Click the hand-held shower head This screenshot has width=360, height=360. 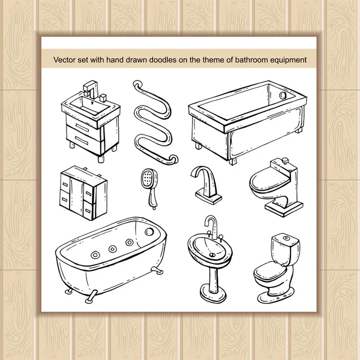(149, 189)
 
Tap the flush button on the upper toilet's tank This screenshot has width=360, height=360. (285, 160)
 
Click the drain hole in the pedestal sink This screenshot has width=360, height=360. (212, 254)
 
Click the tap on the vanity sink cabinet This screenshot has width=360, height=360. (91, 89)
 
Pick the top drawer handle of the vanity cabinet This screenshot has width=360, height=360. (82, 128)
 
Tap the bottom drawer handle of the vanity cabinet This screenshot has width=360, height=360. (81, 140)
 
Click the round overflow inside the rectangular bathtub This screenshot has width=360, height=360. (282, 95)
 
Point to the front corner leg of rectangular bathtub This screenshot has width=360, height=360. (232, 161)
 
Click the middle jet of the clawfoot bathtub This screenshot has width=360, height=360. (113, 249)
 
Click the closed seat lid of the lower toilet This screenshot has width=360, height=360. (270, 271)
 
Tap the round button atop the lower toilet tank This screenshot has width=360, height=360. (286, 238)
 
